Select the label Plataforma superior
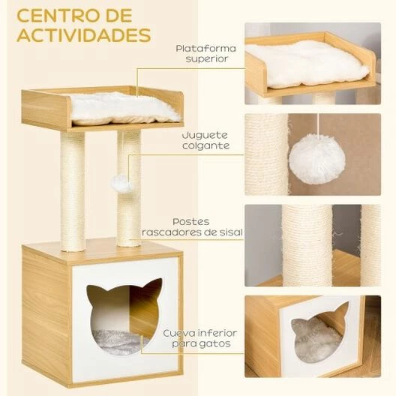(205, 53)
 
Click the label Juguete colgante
(205, 140)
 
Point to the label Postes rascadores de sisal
(192, 227)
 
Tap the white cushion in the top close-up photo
(307, 63)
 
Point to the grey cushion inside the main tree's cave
(118, 343)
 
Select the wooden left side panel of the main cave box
(47, 315)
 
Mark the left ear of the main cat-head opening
(94, 289)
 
